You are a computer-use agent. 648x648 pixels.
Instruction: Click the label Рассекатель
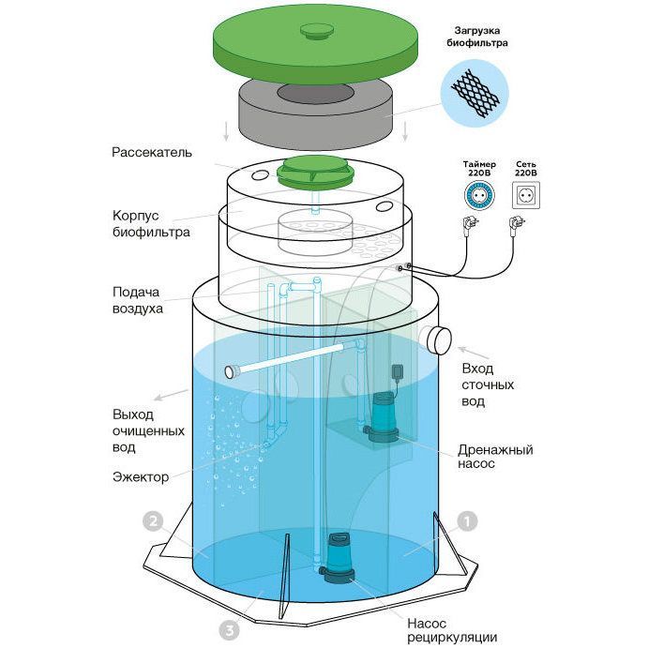[152, 152]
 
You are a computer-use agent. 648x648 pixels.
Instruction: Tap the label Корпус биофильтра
[138, 223]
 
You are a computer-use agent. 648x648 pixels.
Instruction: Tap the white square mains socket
[525, 195]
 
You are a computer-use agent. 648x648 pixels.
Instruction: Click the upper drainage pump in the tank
[383, 417]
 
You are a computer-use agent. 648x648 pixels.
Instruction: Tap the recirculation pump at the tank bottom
[337, 559]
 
